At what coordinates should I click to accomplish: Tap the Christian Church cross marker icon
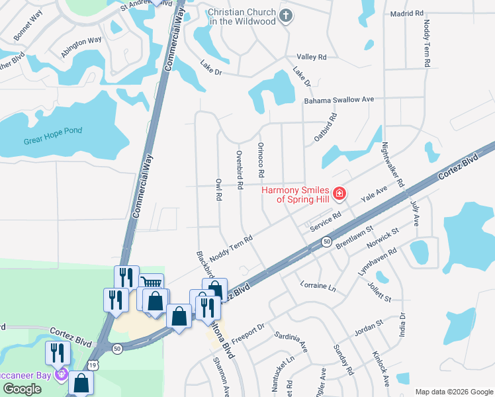[x=285, y=16]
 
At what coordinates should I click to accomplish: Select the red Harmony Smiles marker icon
[x=340, y=194]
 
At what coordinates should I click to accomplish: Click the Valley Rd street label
[x=312, y=58]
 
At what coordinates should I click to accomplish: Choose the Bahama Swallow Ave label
[x=339, y=100]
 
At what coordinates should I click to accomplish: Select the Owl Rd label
[x=218, y=189]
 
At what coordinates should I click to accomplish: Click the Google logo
[x=22, y=389]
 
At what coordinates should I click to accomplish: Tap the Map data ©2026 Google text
[x=454, y=392]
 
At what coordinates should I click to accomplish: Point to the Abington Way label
[x=82, y=48]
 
